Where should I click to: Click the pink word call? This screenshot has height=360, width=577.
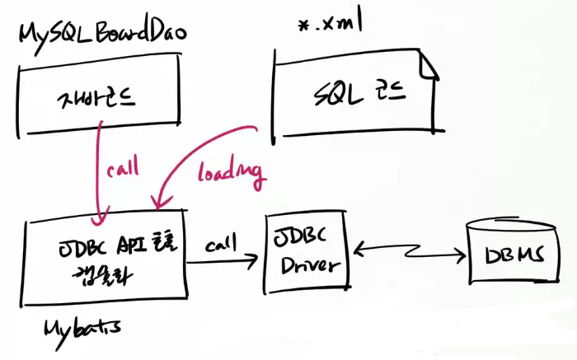point(124,170)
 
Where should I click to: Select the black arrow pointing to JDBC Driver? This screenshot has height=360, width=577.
point(222,263)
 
